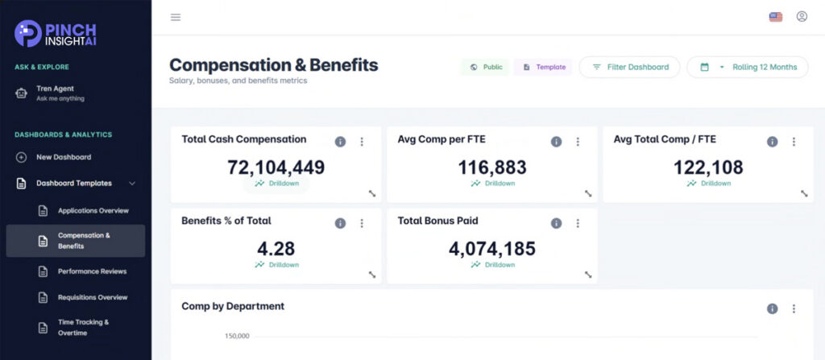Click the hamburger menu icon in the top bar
pyautogui.click(x=176, y=17)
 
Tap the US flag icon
pyautogui.click(x=776, y=17)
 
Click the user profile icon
pyautogui.click(x=802, y=16)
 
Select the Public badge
pyautogui.click(x=485, y=67)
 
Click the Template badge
pyautogui.click(x=544, y=67)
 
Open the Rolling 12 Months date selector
pyautogui.click(x=747, y=67)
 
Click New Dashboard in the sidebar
pyautogui.click(x=63, y=157)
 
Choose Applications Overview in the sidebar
pyautogui.click(x=93, y=210)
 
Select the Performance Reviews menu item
pyautogui.click(x=92, y=271)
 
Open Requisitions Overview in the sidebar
pyautogui.click(x=93, y=297)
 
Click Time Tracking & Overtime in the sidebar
pyautogui.click(x=83, y=327)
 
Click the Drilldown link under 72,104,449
pyautogui.click(x=276, y=184)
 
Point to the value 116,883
pyautogui.click(x=492, y=168)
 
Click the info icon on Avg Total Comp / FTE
pyautogui.click(x=772, y=142)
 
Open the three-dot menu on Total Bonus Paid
pyautogui.click(x=578, y=223)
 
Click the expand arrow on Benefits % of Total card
pyautogui.click(x=372, y=274)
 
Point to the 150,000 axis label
pyautogui.click(x=237, y=335)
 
